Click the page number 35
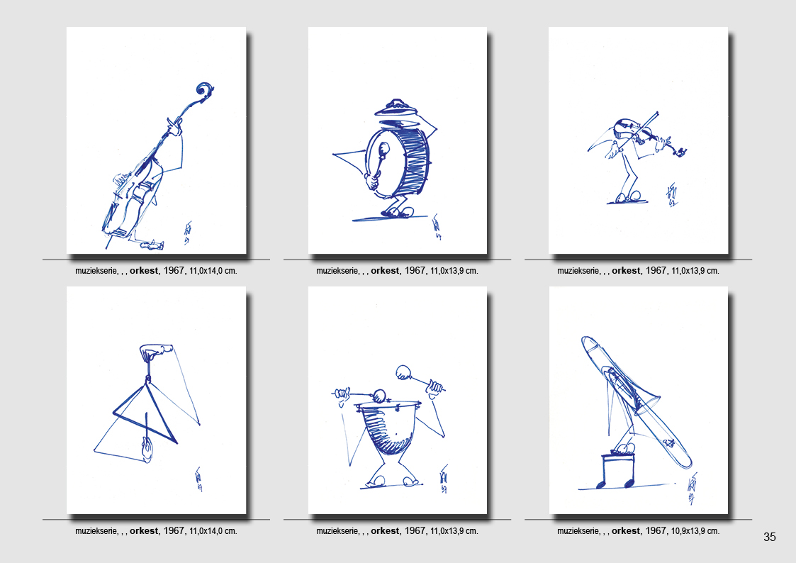(770, 537)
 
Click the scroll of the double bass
(205, 90)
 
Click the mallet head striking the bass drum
(383, 149)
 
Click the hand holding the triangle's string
(155, 351)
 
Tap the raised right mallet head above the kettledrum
(404, 372)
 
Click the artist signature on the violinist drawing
(672, 195)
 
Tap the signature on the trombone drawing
(691, 489)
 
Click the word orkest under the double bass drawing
(144, 271)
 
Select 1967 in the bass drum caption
(415, 271)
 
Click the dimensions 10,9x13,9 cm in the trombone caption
(695, 531)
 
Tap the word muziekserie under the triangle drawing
(96, 531)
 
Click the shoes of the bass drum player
(398, 212)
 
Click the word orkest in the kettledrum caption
(385, 531)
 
